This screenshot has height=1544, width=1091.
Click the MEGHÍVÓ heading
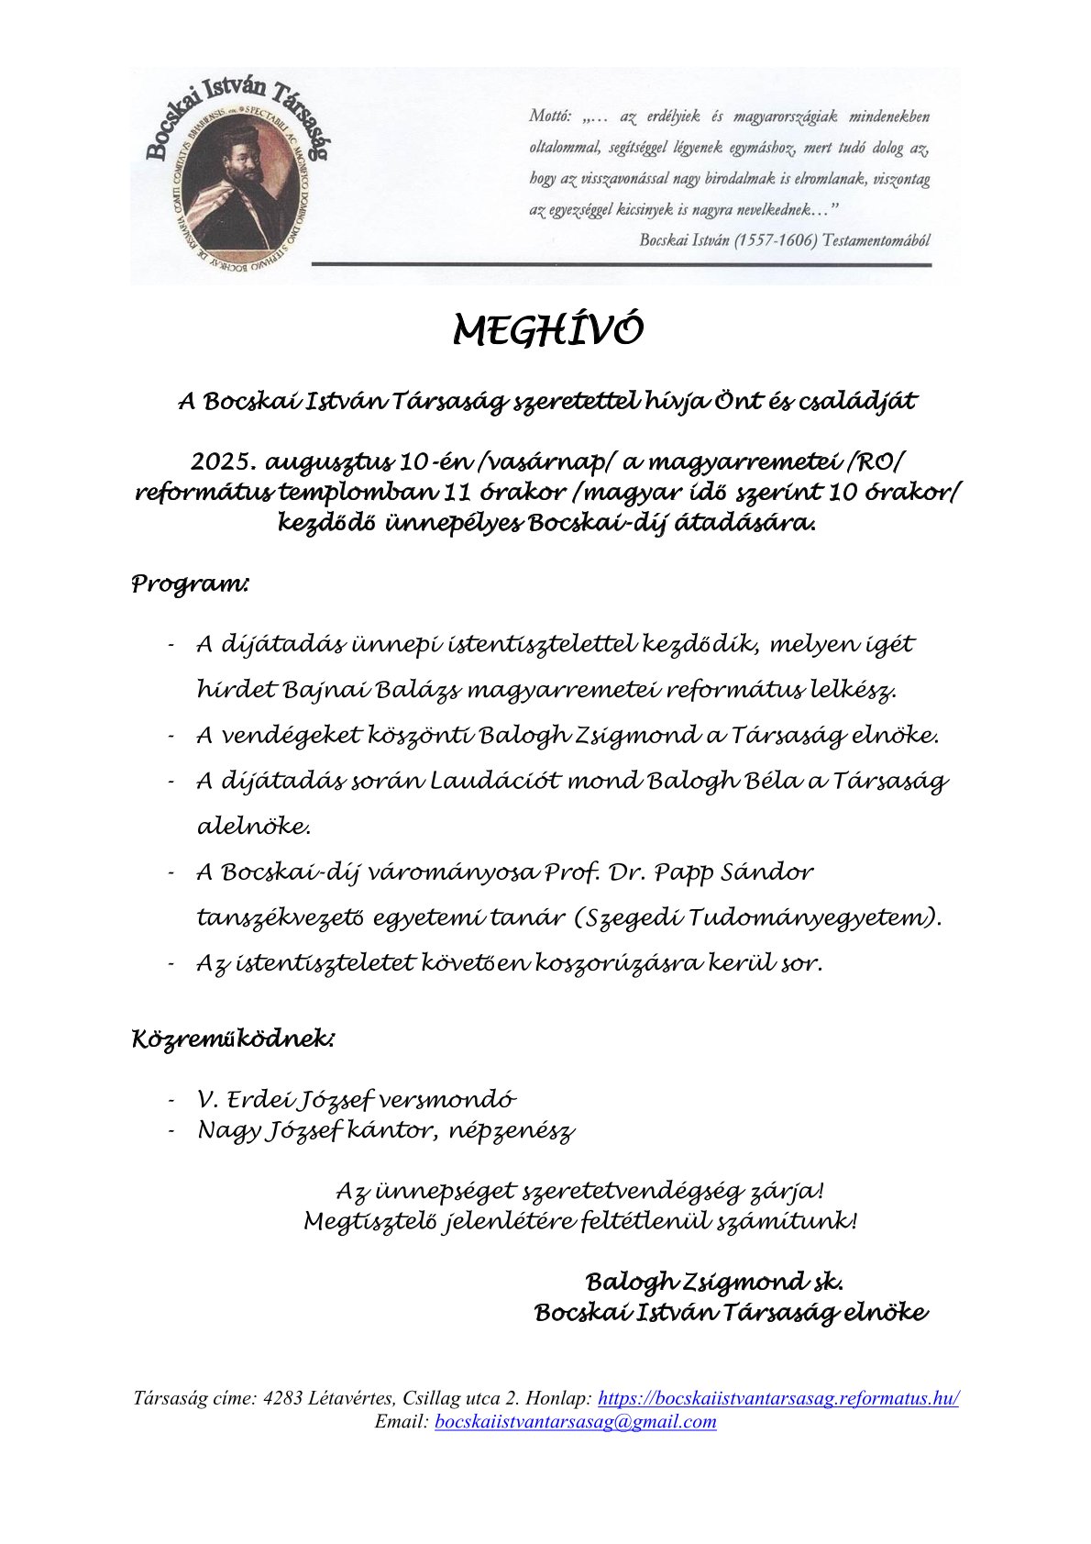click(548, 330)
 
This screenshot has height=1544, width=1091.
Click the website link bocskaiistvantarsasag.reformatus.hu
click(778, 1398)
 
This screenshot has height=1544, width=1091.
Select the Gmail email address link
click(575, 1421)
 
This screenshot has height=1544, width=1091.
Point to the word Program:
click(190, 583)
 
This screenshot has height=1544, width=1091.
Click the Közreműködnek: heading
click(234, 1039)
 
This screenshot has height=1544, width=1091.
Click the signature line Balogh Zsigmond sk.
click(714, 1282)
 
